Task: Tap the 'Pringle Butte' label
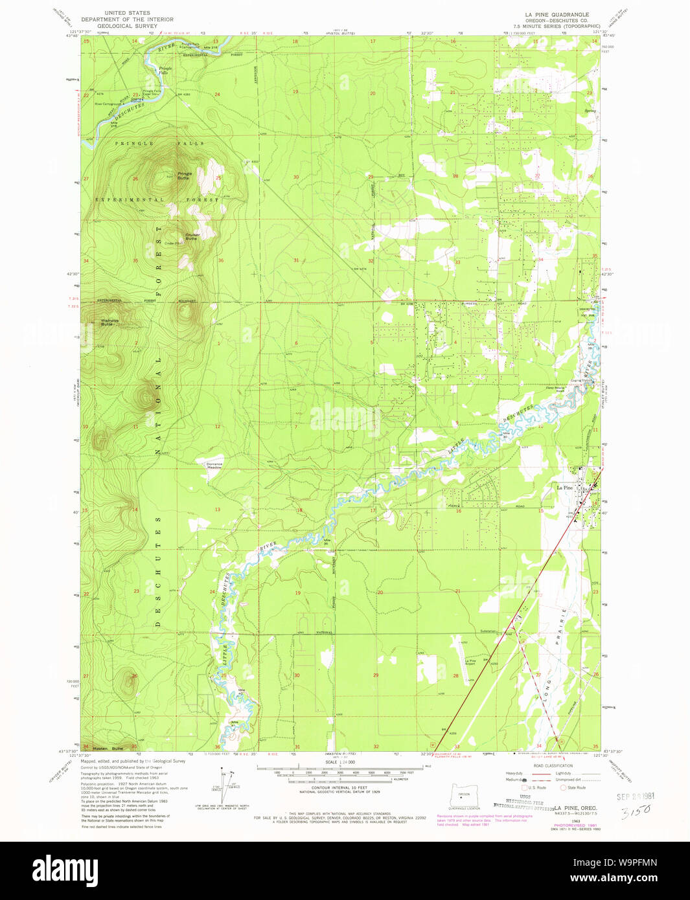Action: [185, 175]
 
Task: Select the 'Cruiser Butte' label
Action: [192, 236]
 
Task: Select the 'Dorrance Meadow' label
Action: [214, 465]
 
